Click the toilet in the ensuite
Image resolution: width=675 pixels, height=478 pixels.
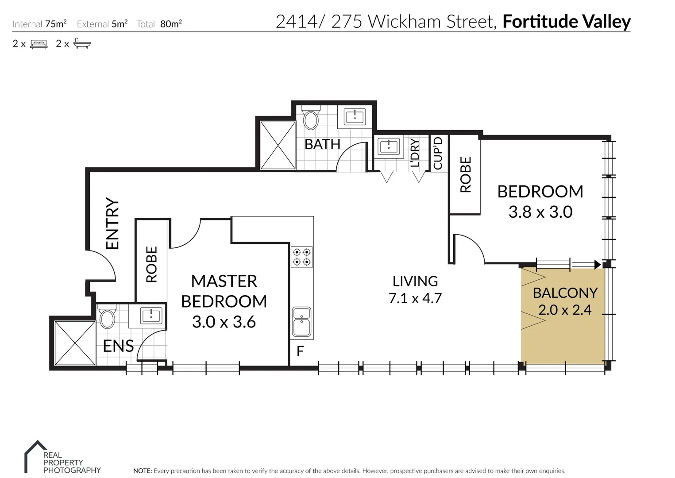coord(107,318)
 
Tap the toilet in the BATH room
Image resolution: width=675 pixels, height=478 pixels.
coord(311,119)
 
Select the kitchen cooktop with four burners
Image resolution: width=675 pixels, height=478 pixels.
coord(301,257)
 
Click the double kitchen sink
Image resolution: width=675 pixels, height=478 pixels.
coord(302,322)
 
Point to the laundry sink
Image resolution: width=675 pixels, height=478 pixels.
coord(389,146)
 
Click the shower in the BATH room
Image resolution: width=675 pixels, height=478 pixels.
coord(278,145)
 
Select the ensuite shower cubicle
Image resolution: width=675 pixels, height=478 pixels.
coord(75,343)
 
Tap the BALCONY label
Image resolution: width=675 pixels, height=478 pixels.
coord(565,293)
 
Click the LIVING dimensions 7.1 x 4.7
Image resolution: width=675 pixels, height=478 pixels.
coord(415,298)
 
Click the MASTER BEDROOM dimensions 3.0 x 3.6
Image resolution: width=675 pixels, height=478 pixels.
coord(224,322)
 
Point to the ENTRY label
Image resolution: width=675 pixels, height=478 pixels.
coord(113,224)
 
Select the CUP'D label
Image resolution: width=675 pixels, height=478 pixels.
coord(438,153)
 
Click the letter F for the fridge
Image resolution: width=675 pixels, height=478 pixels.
coord(300,351)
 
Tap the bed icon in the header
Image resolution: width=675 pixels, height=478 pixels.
coord(39,44)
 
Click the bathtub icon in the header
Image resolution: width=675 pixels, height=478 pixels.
coord(82,43)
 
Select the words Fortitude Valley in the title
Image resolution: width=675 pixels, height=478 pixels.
coord(566,22)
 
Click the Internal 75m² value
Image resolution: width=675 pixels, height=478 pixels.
coord(55,24)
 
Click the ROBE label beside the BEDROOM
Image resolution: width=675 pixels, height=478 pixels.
coord(466,174)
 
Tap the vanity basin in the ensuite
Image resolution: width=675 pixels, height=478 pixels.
coord(151,316)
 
